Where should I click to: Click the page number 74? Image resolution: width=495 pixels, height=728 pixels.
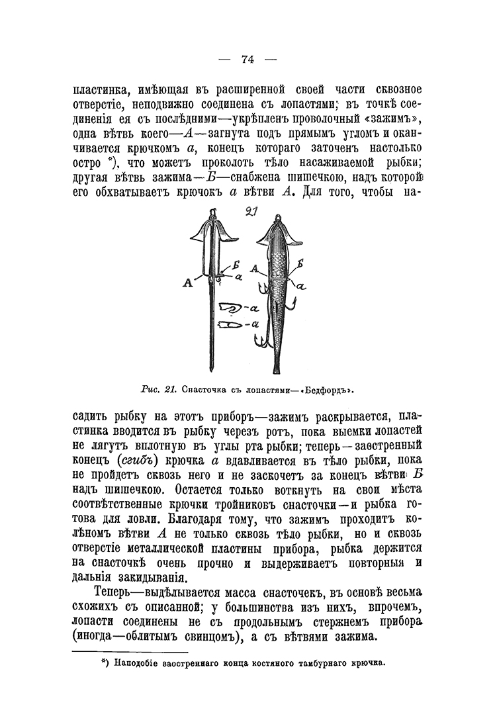(x=247, y=59)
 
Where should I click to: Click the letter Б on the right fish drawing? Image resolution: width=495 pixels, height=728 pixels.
(x=300, y=263)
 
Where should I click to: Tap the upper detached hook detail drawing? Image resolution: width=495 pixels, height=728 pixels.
(x=229, y=308)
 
